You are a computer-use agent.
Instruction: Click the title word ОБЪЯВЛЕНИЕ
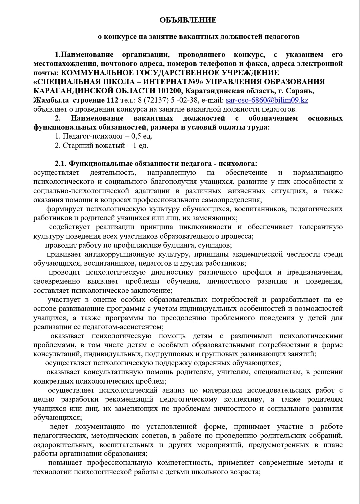coord(188,20)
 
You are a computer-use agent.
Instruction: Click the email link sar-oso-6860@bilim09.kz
coord(267,100)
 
